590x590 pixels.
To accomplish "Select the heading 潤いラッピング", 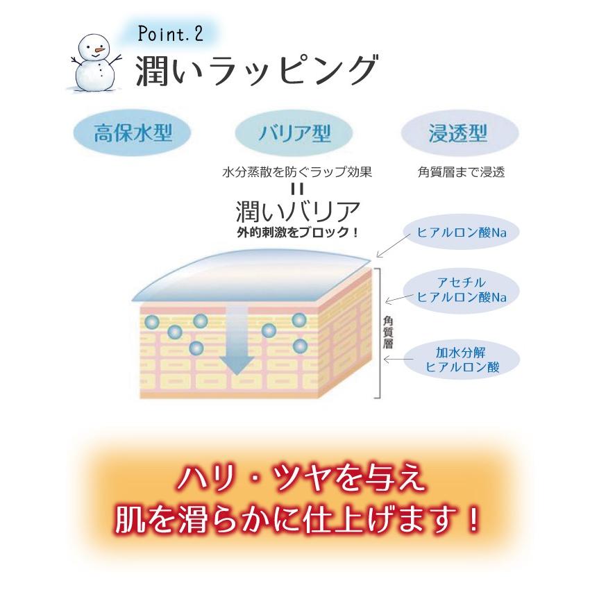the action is click(256, 71).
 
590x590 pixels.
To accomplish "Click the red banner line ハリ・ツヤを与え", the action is click(296, 480).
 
